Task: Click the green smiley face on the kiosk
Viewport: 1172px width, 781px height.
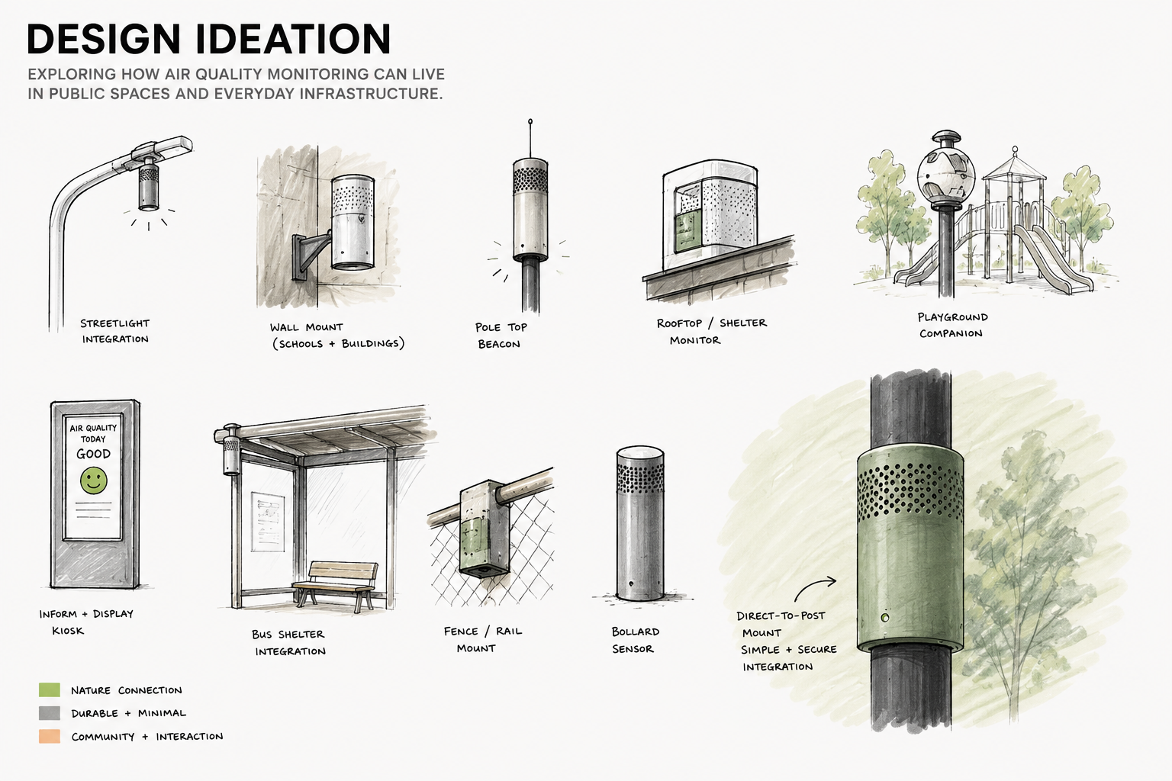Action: coord(94,480)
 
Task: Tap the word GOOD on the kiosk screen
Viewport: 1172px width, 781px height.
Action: coord(94,454)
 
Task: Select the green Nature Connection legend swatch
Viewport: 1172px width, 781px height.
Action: coord(50,689)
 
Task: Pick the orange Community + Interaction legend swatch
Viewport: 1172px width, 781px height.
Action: coord(50,736)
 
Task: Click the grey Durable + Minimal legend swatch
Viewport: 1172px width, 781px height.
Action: coord(50,713)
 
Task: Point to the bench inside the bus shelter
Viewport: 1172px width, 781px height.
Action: coord(336,585)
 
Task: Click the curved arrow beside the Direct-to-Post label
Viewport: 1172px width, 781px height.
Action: coord(814,588)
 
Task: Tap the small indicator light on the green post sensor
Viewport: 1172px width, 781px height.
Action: coord(885,618)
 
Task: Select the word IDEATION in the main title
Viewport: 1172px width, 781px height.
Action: coord(294,39)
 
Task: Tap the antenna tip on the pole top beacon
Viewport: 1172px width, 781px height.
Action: coord(530,122)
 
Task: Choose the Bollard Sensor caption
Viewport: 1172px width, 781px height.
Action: coord(635,640)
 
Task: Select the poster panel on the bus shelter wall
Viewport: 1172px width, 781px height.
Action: coord(267,522)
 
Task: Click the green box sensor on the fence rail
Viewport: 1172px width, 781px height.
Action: coord(484,529)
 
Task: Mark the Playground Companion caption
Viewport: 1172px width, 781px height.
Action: coord(952,325)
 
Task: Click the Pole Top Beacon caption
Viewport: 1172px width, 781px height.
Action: coord(501,336)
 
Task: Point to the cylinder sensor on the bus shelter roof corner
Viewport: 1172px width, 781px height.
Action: coord(230,451)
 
